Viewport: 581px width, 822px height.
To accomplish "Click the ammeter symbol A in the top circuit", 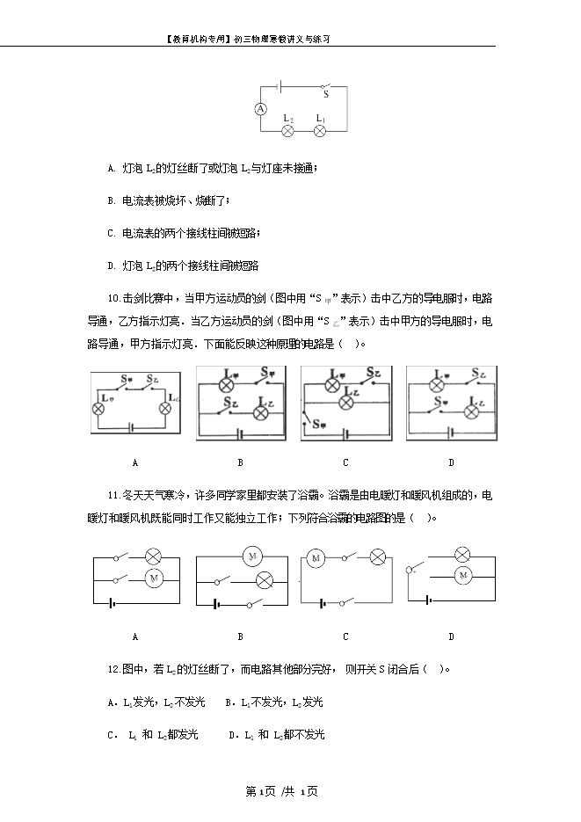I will pyautogui.click(x=260, y=108).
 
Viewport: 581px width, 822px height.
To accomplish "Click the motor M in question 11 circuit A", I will pyautogui.click(x=153, y=578).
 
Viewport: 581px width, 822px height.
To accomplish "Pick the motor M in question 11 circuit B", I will pyautogui.click(x=252, y=556).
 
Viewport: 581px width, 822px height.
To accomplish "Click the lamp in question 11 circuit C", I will pyautogui.click(x=377, y=557).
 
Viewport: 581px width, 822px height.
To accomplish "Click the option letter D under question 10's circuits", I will pyautogui.click(x=451, y=462).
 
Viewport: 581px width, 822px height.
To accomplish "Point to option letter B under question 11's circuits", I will pyautogui.click(x=240, y=637).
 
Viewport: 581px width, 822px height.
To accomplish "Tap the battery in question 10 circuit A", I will pyautogui.click(x=132, y=427).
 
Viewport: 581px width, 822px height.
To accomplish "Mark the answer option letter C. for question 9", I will pyautogui.click(x=112, y=233).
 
